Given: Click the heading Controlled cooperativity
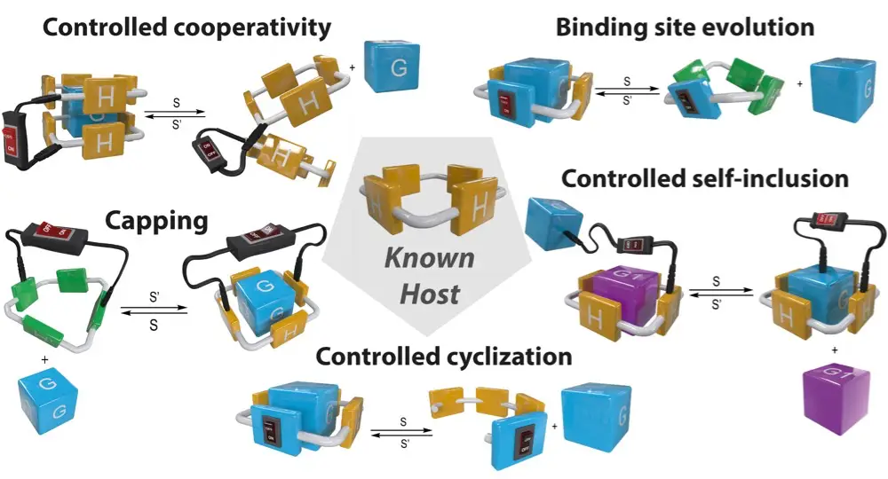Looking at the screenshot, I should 187,27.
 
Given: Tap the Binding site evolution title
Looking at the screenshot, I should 685,27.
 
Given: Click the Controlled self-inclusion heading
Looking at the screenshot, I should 705,178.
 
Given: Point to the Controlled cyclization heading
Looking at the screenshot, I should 444,357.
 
